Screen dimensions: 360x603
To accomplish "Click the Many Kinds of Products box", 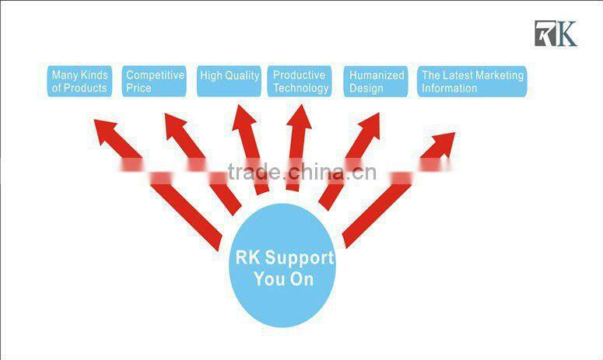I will (79, 82).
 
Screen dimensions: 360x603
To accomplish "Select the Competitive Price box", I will (155, 82).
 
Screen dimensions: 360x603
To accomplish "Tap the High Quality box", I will (229, 82).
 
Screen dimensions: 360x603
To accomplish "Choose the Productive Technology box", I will (300, 82).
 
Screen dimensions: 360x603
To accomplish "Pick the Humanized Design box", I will (376, 82).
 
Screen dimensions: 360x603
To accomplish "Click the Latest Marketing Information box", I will (472, 82).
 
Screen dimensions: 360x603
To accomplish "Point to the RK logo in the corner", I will (555, 33).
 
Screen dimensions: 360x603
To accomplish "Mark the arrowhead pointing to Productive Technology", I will (300, 119).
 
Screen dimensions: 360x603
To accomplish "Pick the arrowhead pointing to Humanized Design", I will (366, 126).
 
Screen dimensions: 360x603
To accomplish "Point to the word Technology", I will (300, 89).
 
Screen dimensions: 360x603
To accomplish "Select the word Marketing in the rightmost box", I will (497, 75).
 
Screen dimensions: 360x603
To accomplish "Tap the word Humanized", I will (377, 75).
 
